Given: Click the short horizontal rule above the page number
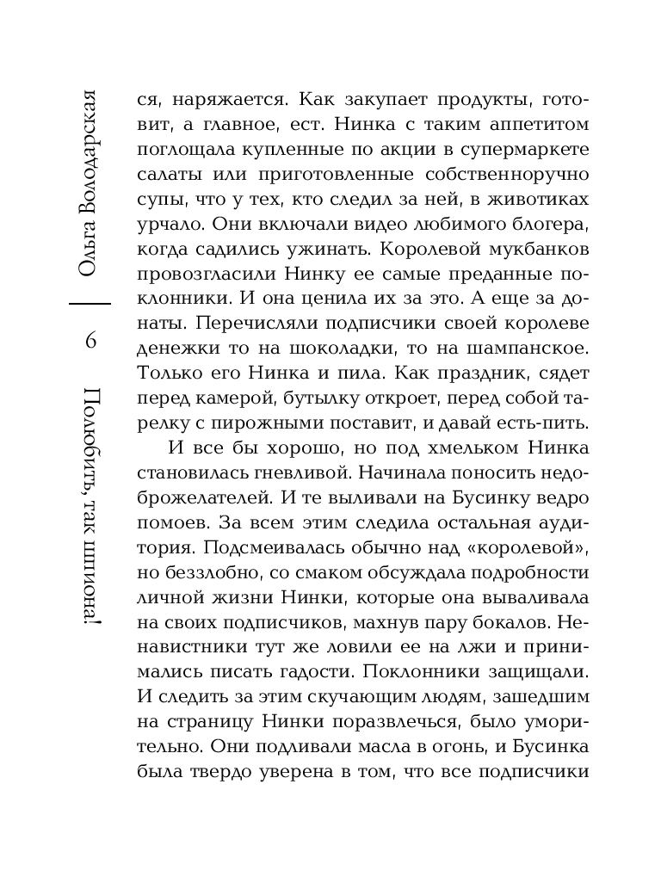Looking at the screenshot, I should (90, 304).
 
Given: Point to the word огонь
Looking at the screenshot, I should (445, 748).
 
